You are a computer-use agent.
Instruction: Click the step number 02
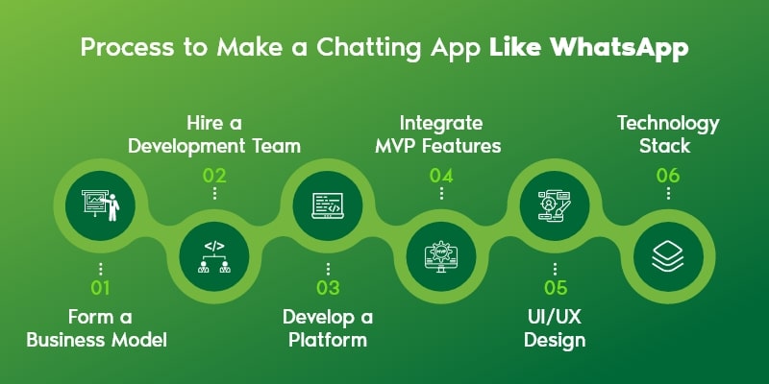pyautogui.click(x=214, y=175)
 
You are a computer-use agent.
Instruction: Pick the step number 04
pyautogui.click(x=441, y=175)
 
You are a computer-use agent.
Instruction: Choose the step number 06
pyautogui.click(x=668, y=175)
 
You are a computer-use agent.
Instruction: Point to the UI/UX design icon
pyautogui.click(x=555, y=204)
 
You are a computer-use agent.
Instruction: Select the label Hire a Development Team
pyautogui.click(x=214, y=134)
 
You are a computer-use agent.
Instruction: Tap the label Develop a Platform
pyautogui.click(x=328, y=327)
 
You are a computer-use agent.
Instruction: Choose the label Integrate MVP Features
pyautogui.click(x=441, y=134)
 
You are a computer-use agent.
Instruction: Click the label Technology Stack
pyautogui.click(x=668, y=134)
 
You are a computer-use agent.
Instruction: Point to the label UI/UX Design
pyautogui.click(x=555, y=327)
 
